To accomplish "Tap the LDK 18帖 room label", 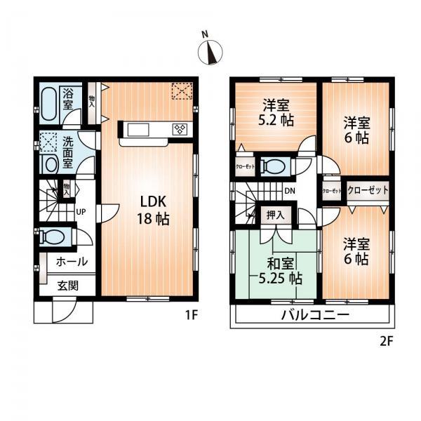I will [x=151, y=210].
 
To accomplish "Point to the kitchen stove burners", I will [x=179, y=129].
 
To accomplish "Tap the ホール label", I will [x=71, y=262].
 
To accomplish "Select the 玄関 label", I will [x=69, y=285].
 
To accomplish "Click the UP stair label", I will [x=81, y=211].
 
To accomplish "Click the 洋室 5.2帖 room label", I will [x=277, y=112].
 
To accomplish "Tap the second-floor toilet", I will [x=275, y=166].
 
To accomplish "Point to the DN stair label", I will [x=289, y=189].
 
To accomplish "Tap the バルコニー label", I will [x=315, y=314].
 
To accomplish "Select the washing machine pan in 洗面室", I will [x=49, y=142].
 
